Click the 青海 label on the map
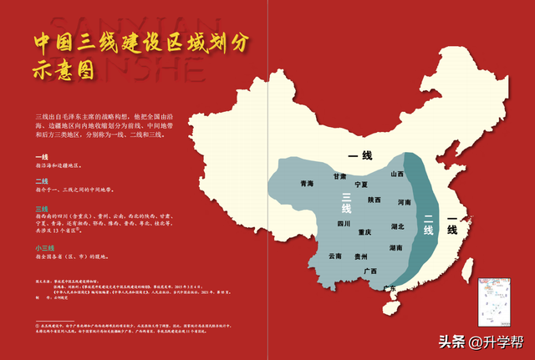point(308,184)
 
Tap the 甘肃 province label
point(339,177)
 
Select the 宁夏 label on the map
point(361,184)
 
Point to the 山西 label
point(397,175)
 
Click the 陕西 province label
point(374,200)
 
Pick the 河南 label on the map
point(405,202)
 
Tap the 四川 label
point(344,224)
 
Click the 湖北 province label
point(398,226)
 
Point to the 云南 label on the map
point(335,256)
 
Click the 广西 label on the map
point(371,271)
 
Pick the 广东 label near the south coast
point(390,288)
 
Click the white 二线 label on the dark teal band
point(429,226)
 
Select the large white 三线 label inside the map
point(345,203)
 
